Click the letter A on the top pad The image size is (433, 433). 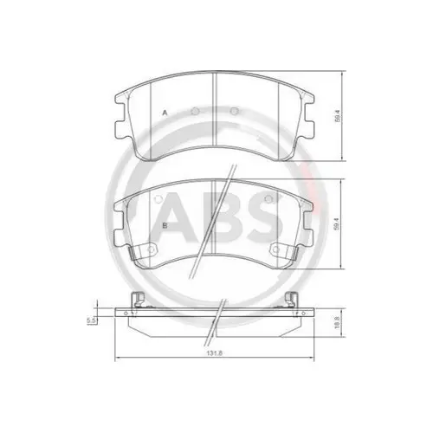click(165, 113)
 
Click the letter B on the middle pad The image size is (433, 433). click(165, 225)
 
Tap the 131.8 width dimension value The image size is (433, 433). click(215, 353)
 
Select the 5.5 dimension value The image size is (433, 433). click(91, 320)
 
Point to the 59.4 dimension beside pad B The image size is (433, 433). click(336, 224)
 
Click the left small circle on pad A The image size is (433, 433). click(195, 111)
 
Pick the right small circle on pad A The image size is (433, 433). click(235, 111)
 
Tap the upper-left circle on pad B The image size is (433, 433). click(158, 199)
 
